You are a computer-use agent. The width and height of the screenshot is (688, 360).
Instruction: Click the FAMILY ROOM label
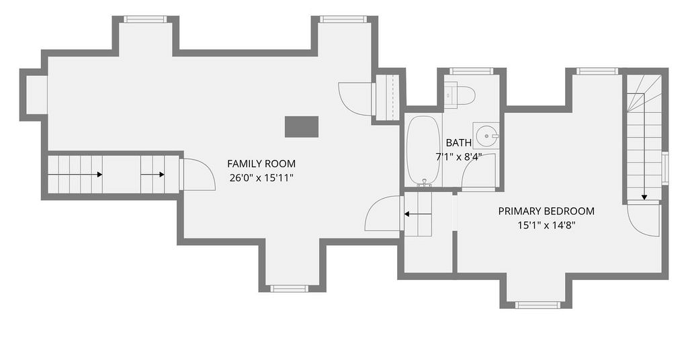coord(261,164)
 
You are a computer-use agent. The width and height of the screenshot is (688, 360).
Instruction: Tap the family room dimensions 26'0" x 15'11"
coord(261,178)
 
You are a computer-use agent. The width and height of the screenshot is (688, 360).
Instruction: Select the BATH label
coord(458,142)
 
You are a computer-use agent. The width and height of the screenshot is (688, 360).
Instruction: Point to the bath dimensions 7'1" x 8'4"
coord(458,156)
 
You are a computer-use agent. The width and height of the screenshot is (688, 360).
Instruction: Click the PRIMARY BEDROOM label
coord(546,211)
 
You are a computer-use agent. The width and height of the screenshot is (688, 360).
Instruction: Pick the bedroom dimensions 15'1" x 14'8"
coord(546,226)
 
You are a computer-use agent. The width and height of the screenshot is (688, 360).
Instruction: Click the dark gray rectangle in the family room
coord(302,127)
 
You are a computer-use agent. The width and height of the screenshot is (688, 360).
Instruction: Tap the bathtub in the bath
coord(423,151)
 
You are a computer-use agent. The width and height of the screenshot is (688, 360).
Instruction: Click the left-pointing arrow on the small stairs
coord(418,214)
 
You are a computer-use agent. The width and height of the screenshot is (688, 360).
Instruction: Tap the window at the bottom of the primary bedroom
coord(537,305)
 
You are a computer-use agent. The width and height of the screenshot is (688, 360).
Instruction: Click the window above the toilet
coord(472,71)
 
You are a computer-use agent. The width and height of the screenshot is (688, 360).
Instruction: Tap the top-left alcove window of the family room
coord(145,19)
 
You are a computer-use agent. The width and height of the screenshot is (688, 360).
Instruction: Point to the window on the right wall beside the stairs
coord(665,167)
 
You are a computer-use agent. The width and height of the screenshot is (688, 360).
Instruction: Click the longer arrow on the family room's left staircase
coord(75,175)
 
